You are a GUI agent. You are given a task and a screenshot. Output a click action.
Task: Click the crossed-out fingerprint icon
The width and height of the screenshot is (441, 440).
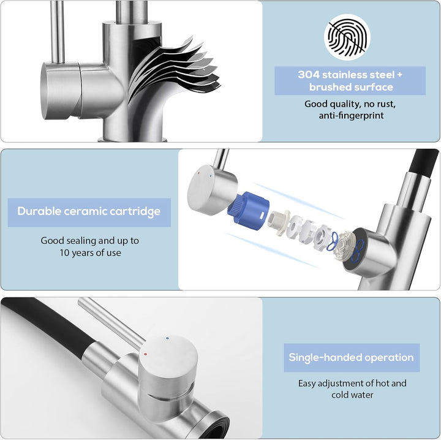coord(347,37)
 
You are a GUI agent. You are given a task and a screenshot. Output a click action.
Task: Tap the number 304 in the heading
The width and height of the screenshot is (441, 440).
coord(309,75)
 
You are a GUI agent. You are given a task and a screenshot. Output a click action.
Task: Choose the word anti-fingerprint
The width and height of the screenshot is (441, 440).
coord(352,116)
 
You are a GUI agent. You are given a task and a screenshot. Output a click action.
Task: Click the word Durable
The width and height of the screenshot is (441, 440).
coord(39,211)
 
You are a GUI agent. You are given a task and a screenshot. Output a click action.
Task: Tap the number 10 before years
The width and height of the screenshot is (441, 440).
coord(64,252)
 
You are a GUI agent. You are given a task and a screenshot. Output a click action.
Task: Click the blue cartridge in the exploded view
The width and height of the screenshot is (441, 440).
coord(248,210)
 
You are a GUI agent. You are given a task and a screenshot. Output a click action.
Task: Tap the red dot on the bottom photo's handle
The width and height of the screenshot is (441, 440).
coord(145,354)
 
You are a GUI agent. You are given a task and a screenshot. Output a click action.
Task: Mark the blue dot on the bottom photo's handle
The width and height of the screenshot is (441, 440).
coord(168,338)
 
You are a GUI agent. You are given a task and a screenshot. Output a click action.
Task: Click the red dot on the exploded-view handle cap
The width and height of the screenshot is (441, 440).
coord(199,173)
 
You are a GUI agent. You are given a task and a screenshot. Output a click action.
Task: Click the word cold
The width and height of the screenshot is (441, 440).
coord(340,395)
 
